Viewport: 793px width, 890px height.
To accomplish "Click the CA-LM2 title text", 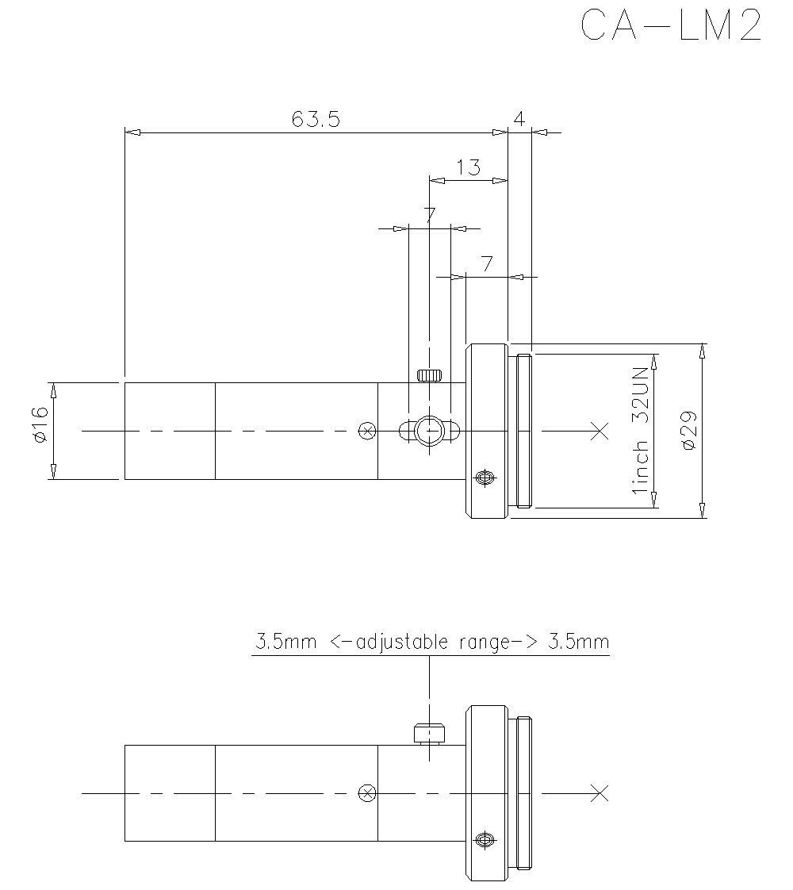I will [x=671, y=26].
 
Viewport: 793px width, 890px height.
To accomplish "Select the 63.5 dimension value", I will [x=316, y=119].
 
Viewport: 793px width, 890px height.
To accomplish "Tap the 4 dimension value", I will [x=519, y=119].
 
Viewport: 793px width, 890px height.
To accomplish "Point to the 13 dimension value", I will [x=469, y=167].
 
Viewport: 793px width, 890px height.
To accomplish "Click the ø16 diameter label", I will [x=41, y=431].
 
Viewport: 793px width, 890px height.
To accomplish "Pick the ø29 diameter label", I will [x=688, y=431].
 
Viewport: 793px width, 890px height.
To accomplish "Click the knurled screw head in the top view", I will [x=429, y=376].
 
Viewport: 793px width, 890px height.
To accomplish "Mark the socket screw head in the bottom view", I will [x=429, y=734].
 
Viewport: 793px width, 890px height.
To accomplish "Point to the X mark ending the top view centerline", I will [x=600, y=431].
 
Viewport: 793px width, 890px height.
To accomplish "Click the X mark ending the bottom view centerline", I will [x=600, y=792].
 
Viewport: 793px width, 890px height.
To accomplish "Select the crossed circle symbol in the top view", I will [x=366, y=431].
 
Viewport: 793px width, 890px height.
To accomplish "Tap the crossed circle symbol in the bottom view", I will [x=366, y=792].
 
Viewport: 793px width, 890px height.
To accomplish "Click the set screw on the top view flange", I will [x=484, y=478].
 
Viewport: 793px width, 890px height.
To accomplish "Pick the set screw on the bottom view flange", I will [x=484, y=839].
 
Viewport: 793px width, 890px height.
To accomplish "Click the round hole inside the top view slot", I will [x=429, y=431].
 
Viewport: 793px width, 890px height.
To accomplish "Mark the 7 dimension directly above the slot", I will [x=429, y=215].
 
